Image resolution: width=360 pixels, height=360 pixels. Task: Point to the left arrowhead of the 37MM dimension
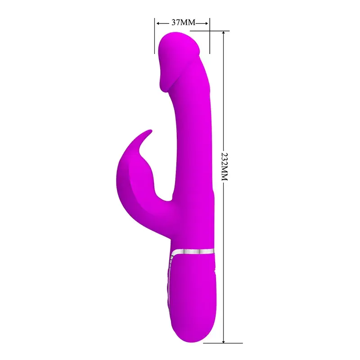pos(158,22)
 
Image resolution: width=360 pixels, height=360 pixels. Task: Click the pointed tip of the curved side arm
pos(151,131)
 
